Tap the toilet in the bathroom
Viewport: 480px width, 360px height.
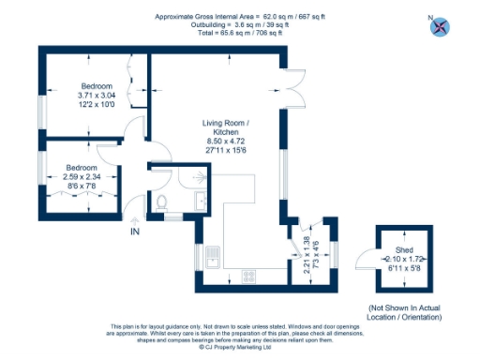click(161, 201)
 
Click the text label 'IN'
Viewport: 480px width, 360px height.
click(135, 231)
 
